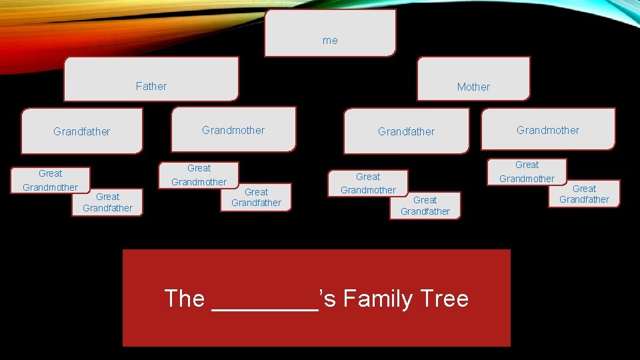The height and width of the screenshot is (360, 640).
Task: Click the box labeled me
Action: click(330, 33)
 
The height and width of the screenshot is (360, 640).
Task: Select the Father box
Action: click(151, 79)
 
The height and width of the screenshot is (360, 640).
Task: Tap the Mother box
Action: click(473, 79)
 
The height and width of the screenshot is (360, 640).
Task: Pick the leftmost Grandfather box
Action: click(82, 131)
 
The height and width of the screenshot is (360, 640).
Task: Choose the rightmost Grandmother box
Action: click(548, 130)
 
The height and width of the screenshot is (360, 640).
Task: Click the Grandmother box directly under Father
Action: click(233, 130)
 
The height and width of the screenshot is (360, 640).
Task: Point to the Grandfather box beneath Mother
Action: click(406, 131)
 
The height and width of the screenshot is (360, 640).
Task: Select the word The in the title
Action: click(184, 299)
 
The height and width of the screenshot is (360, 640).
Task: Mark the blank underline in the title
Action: click(264, 303)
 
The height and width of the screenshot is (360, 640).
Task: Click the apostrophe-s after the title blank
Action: click(328, 299)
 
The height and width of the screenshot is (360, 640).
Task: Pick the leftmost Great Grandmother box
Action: click(50, 180)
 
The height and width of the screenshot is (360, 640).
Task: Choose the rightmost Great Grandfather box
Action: click(584, 194)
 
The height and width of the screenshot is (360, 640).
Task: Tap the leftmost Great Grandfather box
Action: click(107, 203)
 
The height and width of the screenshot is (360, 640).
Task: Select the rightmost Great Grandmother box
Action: click(527, 171)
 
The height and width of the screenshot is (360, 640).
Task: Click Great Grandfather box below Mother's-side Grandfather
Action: click(425, 205)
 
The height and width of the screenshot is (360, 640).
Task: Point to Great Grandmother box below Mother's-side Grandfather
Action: click(368, 183)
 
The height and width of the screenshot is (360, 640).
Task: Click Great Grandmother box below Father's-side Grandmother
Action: click(199, 175)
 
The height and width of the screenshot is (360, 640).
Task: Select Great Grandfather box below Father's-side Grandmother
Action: click(256, 197)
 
